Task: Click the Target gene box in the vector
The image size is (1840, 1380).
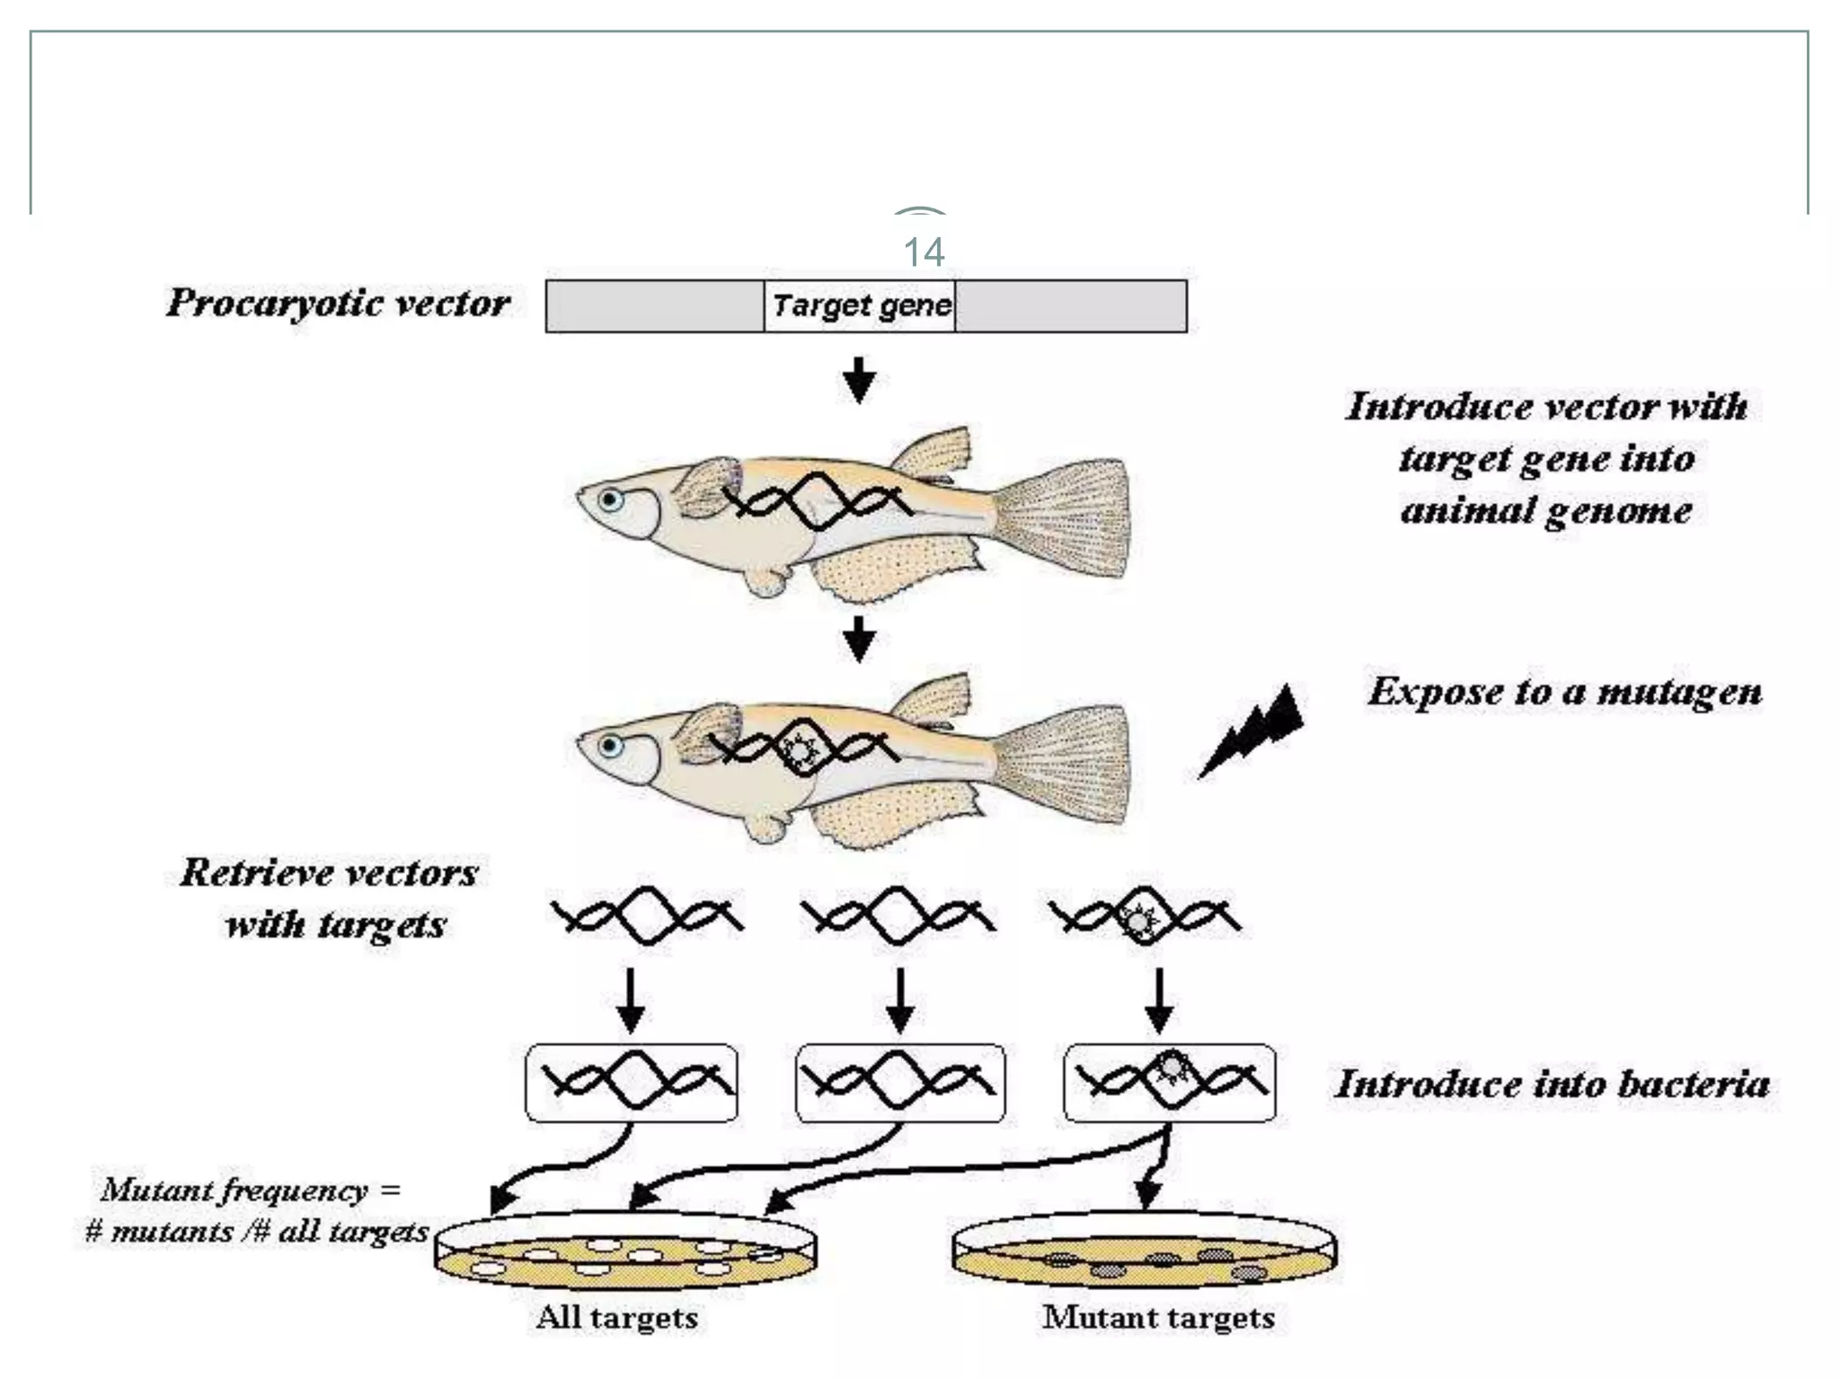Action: pyautogui.click(x=860, y=306)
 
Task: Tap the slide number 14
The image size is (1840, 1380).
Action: pyautogui.click(x=923, y=252)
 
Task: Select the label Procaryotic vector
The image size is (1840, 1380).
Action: pyautogui.click(x=338, y=303)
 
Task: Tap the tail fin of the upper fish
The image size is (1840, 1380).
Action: pyautogui.click(x=1069, y=517)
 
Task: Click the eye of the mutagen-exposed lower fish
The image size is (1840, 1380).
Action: pyautogui.click(x=611, y=746)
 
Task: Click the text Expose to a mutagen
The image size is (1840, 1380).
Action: pyautogui.click(x=1564, y=692)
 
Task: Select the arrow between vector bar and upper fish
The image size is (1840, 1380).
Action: pyautogui.click(x=860, y=378)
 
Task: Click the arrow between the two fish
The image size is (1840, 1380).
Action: pyautogui.click(x=860, y=638)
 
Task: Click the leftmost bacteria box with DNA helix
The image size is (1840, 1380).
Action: pyautogui.click(x=631, y=1083)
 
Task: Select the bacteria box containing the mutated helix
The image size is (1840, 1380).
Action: pyautogui.click(x=1169, y=1083)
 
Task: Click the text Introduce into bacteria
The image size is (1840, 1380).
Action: pyautogui.click(x=1552, y=1084)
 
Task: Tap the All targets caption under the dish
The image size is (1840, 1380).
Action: pyautogui.click(x=616, y=1317)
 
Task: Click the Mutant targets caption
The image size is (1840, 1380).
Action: pyautogui.click(x=1158, y=1317)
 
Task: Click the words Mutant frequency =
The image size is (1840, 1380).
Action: pyautogui.click(x=251, y=1190)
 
